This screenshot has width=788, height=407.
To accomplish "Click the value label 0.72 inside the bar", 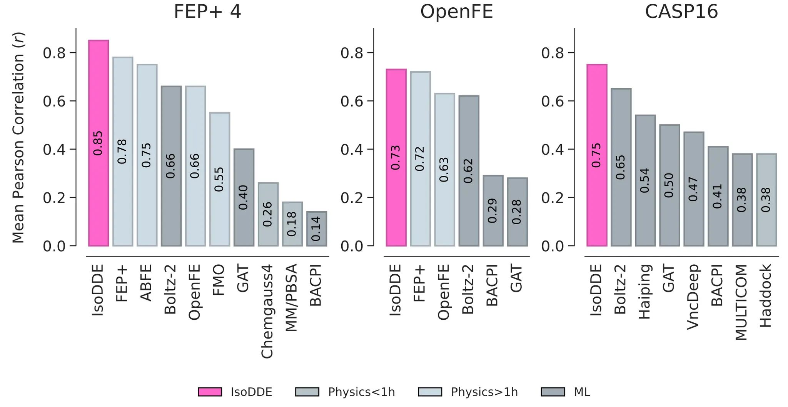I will (x=420, y=158).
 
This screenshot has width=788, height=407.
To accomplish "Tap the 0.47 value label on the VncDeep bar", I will (x=693, y=189).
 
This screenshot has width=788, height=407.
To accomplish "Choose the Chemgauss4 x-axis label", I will (x=267, y=311).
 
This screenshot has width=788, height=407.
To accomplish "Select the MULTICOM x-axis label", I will (x=741, y=302).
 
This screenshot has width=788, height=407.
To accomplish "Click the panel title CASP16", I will (x=681, y=12).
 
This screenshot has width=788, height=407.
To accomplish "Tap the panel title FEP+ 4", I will (x=207, y=12).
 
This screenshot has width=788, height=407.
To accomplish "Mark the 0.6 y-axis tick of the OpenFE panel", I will (x=352, y=101).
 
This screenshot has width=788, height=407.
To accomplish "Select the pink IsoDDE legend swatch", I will (x=210, y=392).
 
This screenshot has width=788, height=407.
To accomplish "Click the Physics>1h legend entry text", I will (x=484, y=392).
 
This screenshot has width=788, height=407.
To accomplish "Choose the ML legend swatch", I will (x=553, y=392).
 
